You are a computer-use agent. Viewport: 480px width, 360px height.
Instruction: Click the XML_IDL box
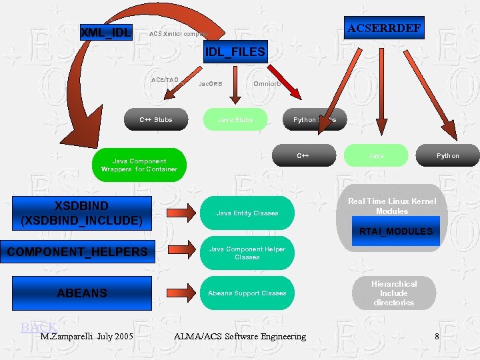106,31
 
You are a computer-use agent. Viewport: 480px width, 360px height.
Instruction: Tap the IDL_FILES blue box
235,51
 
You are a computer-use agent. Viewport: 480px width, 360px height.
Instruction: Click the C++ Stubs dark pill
155,120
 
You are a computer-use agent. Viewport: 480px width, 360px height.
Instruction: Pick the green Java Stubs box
235,120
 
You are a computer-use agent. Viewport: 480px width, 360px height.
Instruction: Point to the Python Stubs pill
315,120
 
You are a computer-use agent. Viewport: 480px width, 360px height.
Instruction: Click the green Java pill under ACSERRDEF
376,155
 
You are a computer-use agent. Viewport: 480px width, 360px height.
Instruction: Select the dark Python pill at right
447,155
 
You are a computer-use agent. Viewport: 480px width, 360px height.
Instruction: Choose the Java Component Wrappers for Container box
139,165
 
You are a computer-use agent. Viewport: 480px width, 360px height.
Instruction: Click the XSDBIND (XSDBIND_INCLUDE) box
82,213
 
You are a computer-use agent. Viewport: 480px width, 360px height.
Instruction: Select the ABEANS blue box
82,293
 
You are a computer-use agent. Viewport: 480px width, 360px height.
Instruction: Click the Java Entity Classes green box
247,213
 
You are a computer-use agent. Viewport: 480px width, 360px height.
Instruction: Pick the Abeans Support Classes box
247,293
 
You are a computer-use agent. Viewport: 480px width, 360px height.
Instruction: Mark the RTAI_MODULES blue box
395,231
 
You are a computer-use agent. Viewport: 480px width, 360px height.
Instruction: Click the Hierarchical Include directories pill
393,293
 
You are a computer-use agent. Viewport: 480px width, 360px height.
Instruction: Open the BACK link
39,327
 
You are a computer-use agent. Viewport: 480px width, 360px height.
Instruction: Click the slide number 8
436,337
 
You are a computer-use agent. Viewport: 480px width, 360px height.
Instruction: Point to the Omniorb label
269,84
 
